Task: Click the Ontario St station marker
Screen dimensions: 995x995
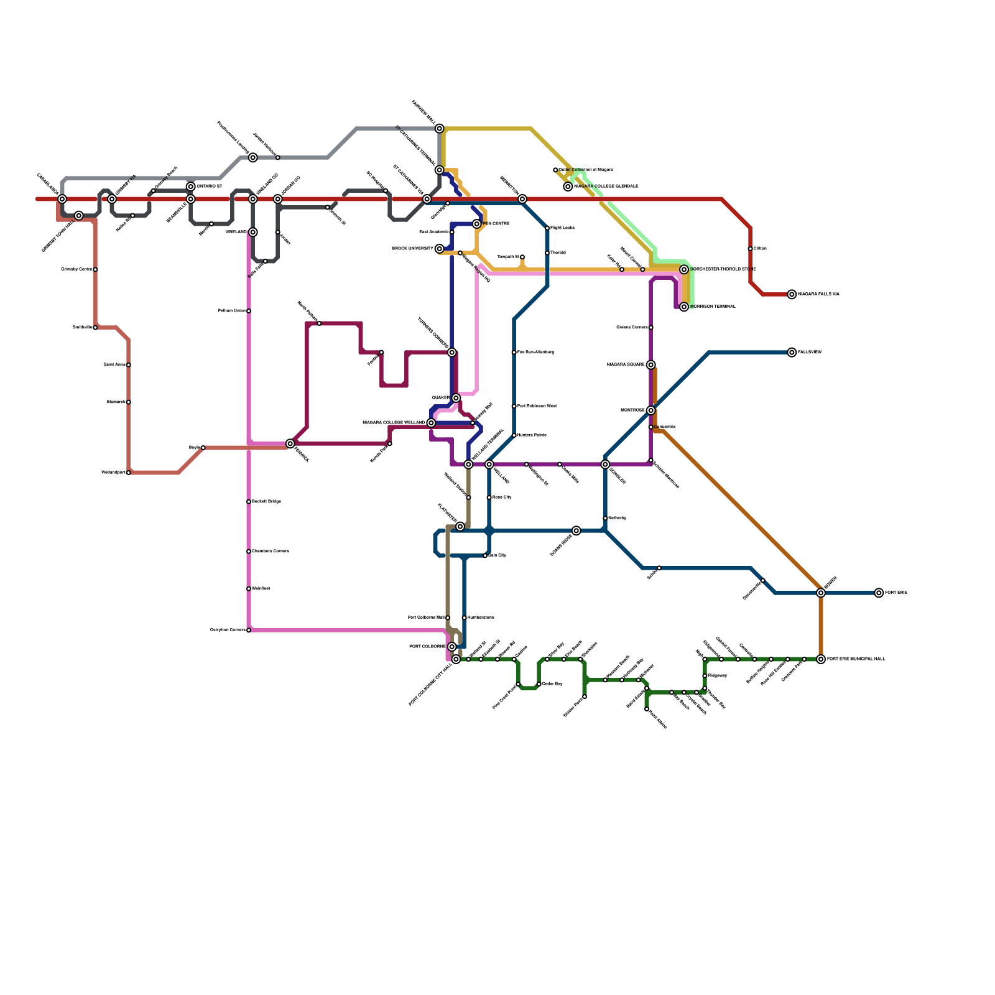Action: click(191, 187)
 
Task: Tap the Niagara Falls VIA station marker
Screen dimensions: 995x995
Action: click(792, 294)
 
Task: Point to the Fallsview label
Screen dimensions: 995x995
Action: click(810, 353)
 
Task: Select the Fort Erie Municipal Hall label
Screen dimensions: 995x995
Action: click(856, 659)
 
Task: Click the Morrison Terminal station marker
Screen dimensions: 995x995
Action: click(684, 307)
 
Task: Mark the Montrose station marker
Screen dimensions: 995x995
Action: click(650, 410)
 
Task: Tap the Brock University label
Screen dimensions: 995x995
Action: click(412, 249)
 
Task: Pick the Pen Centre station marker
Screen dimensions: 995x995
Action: click(476, 224)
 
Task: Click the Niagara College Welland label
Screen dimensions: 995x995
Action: click(394, 423)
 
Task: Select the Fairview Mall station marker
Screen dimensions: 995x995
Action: click(440, 129)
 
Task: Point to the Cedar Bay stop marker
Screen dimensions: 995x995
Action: click(539, 684)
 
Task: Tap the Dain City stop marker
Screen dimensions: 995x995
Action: click(485, 555)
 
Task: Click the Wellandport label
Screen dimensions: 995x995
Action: click(113, 473)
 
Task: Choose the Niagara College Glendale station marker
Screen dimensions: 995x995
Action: click(568, 187)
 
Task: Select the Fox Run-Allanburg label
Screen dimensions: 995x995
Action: click(535, 353)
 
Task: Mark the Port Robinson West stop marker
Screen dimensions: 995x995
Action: click(514, 406)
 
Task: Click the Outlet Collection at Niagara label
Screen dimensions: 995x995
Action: click(586, 170)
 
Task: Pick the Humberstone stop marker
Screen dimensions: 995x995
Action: click(464, 618)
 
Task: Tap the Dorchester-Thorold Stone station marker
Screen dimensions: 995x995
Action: click(684, 269)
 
